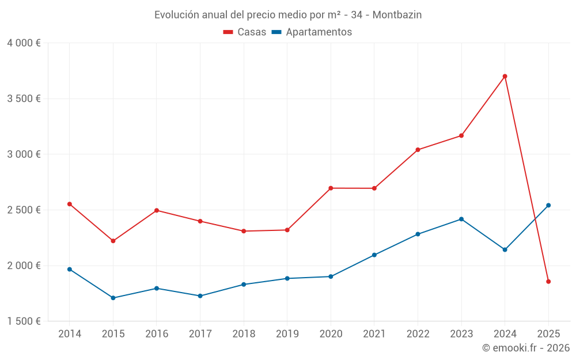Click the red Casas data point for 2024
[505, 76]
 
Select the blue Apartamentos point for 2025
[548, 205]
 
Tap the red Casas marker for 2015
[113, 241]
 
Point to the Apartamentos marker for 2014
[70, 269]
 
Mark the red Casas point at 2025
[548, 282]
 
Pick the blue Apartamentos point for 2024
[505, 249]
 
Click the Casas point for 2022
[418, 150]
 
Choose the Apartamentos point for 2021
[374, 255]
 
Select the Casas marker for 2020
[331, 188]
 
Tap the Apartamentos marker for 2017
[200, 296]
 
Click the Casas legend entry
[245, 32]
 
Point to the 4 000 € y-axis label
[24, 43]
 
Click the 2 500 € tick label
[24, 210]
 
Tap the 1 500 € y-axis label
[24, 321]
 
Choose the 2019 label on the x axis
[287, 334]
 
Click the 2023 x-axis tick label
[461, 334]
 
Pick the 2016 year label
[157, 334]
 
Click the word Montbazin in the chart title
[397, 14]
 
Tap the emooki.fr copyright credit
[526, 348]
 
